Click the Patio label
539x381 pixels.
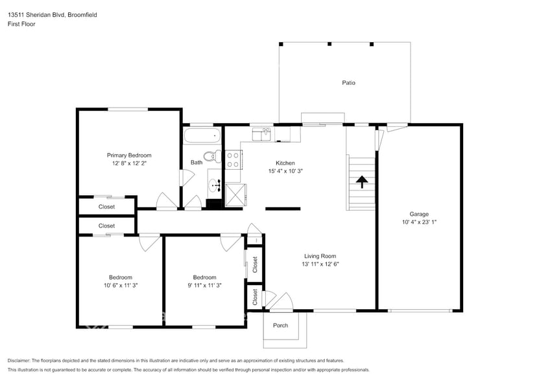coord(348,83)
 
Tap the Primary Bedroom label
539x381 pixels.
coord(129,156)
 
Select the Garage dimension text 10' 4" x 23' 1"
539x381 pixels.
coord(419,222)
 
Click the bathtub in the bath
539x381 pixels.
coord(202,136)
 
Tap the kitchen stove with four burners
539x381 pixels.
coord(234,160)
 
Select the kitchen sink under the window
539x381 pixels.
coord(261,134)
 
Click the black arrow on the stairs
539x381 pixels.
coord(362,181)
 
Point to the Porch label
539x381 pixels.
coord(280,325)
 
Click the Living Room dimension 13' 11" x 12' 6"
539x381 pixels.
coord(320,264)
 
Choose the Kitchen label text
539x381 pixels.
coord(285,163)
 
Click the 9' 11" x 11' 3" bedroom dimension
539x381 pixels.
coord(204,285)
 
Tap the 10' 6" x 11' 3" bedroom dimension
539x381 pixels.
coord(121,285)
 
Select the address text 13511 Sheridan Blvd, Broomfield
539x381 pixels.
coord(53,15)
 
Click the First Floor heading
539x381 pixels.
coord(21,24)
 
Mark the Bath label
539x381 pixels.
coord(197,162)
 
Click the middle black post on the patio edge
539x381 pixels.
coord(329,44)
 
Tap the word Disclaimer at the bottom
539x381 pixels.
coord(19,361)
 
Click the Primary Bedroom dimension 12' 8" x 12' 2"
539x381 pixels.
coord(129,163)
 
